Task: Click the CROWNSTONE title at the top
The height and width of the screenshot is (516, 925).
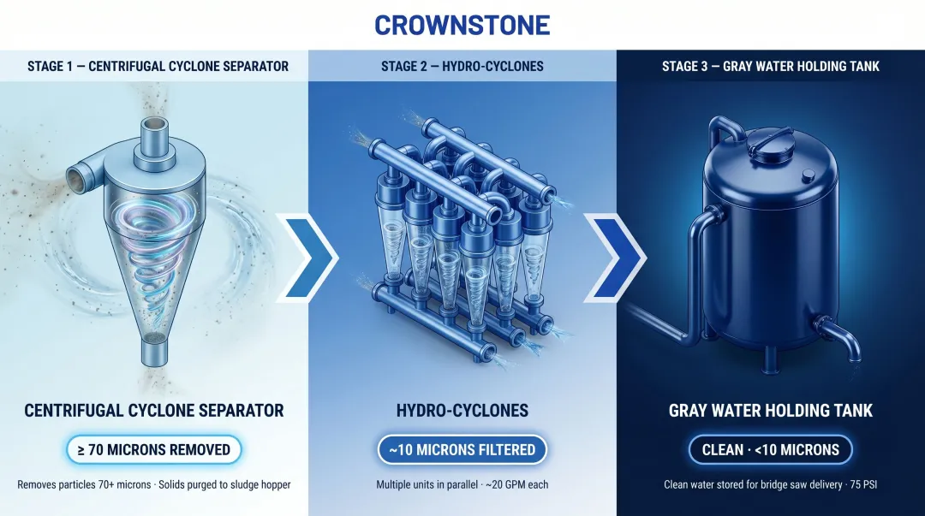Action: tap(462, 25)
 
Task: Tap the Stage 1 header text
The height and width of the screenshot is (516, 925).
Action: tap(158, 66)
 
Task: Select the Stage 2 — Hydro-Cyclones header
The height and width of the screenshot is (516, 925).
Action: tap(462, 66)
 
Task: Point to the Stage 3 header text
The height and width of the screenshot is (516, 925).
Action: tap(770, 66)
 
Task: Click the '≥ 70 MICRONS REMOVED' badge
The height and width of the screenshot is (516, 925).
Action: tap(154, 449)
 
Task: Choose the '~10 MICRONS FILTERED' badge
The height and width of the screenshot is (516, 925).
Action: tap(462, 449)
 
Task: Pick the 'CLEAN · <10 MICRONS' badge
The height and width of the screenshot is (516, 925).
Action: tap(770, 449)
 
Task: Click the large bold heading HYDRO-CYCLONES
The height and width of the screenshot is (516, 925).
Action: tap(462, 411)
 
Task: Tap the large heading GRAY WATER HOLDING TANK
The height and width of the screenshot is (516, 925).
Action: tap(770, 411)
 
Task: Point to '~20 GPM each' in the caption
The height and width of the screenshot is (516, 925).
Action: tap(514, 484)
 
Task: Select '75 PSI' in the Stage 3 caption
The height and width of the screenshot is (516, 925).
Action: tap(860, 484)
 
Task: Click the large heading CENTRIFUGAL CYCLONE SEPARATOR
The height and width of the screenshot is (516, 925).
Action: tap(154, 411)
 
